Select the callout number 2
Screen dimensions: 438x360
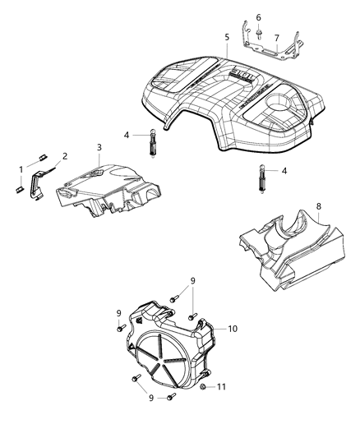[x=65, y=155]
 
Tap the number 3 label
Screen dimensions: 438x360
[x=99, y=147]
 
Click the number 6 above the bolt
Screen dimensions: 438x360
[x=258, y=17]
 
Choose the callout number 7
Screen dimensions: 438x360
[x=277, y=37]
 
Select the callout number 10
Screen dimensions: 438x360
[x=233, y=328]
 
